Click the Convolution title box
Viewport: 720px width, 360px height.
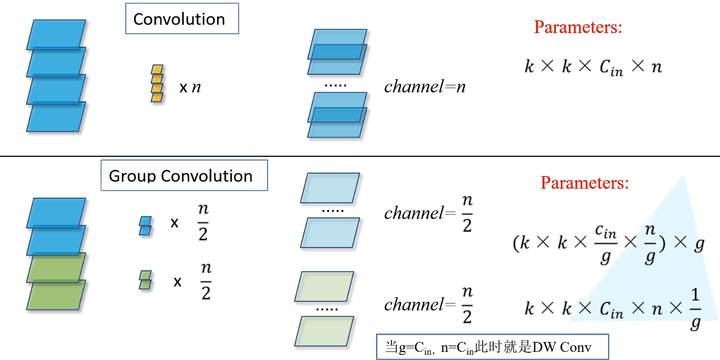182,19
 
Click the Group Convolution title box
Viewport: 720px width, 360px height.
183,175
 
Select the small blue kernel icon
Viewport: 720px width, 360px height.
145,225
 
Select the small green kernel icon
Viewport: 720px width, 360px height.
145,280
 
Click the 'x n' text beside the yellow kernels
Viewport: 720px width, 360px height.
190,88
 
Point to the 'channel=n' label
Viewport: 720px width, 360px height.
425,87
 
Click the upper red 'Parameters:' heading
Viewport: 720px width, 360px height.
578,27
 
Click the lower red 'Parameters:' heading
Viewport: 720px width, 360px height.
584,183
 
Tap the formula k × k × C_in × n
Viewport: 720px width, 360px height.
593,67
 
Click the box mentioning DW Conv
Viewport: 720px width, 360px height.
492,347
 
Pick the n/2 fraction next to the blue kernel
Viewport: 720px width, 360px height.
204,224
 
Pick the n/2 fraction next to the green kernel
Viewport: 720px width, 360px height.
206,282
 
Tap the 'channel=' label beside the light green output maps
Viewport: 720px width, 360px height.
419,305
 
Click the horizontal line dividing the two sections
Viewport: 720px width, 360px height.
360,156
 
